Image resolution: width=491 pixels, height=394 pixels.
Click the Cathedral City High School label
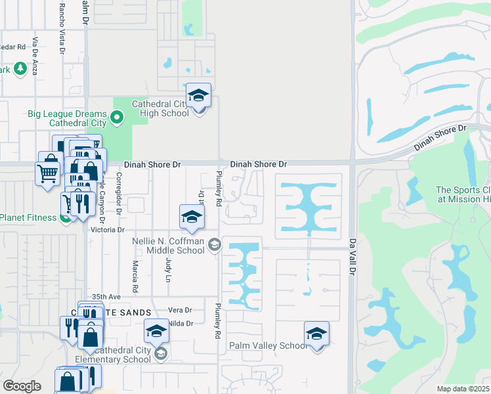pos(161,108)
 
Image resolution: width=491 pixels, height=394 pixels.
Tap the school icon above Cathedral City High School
pos(198,96)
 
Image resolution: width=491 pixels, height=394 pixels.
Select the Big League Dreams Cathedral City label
pos(68,118)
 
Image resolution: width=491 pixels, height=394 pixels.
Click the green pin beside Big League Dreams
pos(117,118)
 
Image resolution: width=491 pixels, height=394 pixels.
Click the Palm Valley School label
pos(267,345)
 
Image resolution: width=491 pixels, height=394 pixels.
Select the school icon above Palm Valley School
pos(316,334)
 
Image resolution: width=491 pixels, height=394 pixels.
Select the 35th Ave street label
pos(108,297)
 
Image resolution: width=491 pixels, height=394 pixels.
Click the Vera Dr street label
pos(179,310)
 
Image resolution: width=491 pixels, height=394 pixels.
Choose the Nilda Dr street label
pos(181,323)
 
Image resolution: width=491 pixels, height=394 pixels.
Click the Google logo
pos(22,385)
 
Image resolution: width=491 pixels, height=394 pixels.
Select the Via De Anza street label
pos(35,56)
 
